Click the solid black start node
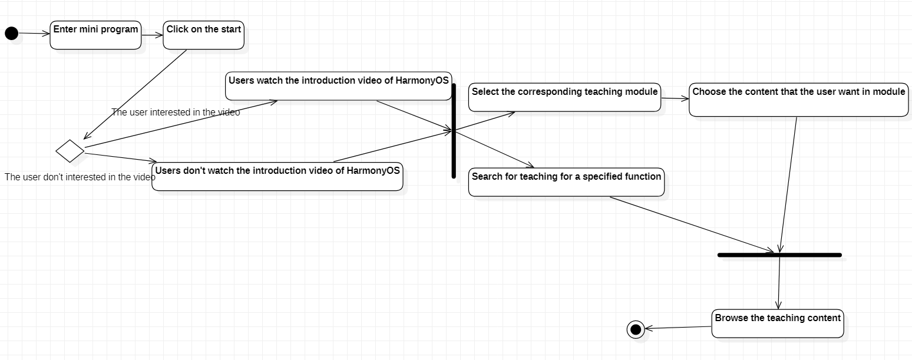point(11,33)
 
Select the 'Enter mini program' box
point(95,35)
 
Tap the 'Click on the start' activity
point(203,35)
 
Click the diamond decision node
point(70,151)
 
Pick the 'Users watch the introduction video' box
point(339,86)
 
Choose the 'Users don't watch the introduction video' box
point(277,176)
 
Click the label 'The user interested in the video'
point(176,112)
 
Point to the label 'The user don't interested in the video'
point(80,177)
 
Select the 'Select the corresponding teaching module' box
point(564,97)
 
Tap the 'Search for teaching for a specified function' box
point(566,182)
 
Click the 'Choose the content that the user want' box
point(798,100)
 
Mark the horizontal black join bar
point(779,255)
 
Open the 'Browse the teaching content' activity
point(778,323)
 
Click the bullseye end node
point(636,329)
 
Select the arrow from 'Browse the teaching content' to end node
point(678,328)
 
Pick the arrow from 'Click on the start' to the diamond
point(136,94)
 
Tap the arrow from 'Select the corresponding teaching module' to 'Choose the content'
point(675,98)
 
